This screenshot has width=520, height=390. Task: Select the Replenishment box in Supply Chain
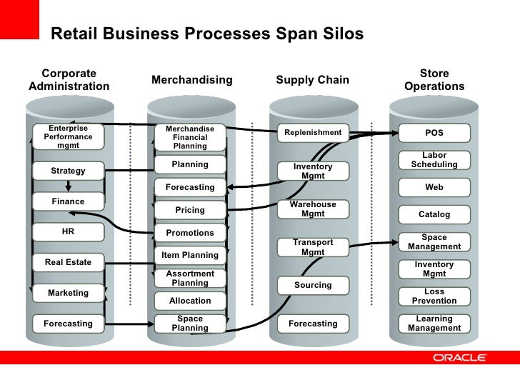pyautogui.click(x=313, y=133)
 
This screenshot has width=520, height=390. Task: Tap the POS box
pyautogui.click(x=434, y=133)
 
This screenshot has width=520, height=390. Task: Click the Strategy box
pyautogui.click(x=68, y=171)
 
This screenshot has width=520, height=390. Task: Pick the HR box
pyautogui.click(x=68, y=232)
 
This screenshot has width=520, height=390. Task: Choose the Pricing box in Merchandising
pyautogui.click(x=190, y=210)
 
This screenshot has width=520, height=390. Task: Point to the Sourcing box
pyautogui.click(x=313, y=285)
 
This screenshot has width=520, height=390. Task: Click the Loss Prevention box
pyautogui.click(x=434, y=296)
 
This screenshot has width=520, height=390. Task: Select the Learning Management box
pyautogui.click(x=434, y=324)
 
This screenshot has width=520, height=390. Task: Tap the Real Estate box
pyautogui.click(x=68, y=262)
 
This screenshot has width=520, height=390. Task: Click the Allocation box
pyautogui.click(x=190, y=301)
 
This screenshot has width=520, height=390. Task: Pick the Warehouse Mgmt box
pyautogui.click(x=313, y=209)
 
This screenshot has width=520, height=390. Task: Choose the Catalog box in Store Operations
pyautogui.click(x=434, y=214)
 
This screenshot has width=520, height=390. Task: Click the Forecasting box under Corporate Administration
pyautogui.click(x=68, y=324)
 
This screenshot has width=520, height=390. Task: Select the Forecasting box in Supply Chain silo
pyautogui.click(x=313, y=324)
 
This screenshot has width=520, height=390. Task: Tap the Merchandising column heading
pyautogui.click(x=192, y=80)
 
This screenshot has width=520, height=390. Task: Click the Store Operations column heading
pyautogui.click(x=434, y=80)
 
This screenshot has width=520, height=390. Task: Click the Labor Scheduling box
pyautogui.click(x=434, y=160)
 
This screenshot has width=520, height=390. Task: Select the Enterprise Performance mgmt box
pyautogui.click(x=68, y=136)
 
